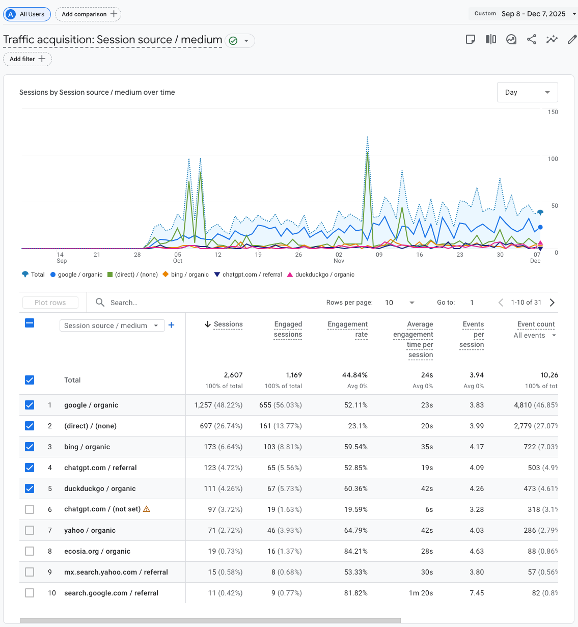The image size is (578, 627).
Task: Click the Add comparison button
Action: [x=88, y=14]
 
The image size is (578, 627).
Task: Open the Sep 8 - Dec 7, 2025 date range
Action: [x=533, y=14]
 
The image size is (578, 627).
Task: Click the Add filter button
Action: [x=27, y=59]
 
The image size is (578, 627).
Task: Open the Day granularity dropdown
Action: [x=527, y=92]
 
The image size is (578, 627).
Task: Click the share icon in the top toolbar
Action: [x=532, y=40]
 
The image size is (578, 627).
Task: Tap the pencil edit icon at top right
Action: [x=572, y=40]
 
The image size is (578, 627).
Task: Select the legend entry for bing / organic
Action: [x=186, y=275]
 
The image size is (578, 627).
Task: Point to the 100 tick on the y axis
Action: [x=553, y=159]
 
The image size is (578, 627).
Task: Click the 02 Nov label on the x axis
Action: [x=339, y=257]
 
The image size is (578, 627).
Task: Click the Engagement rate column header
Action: [x=348, y=329]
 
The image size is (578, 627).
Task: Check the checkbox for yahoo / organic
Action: [x=30, y=530]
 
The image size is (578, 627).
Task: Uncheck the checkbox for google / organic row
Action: [x=30, y=405]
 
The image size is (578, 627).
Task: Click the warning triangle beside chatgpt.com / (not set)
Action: [x=147, y=509]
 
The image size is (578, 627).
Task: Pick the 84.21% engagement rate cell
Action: [x=355, y=551]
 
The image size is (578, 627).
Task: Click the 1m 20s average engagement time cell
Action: [x=421, y=593]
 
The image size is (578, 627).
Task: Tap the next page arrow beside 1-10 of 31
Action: [x=552, y=303]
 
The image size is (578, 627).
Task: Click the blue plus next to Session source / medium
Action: [x=172, y=325]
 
